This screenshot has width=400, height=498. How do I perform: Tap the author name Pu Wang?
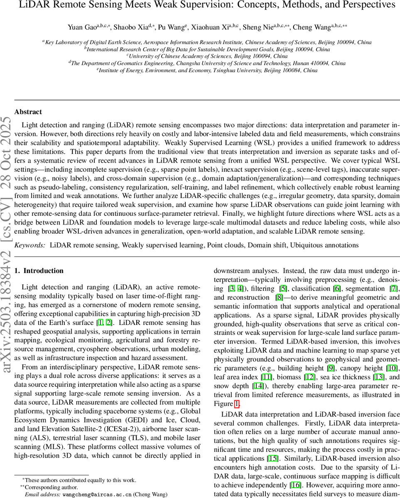coord(172,28)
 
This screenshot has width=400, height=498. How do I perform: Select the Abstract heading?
coord(28,112)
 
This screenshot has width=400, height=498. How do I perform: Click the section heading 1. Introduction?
coord(39,271)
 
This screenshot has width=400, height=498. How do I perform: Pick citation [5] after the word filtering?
coord(283,288)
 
